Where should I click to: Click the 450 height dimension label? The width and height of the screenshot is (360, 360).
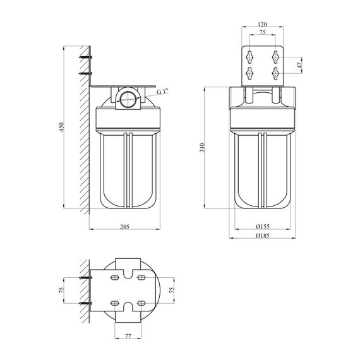(61, 127)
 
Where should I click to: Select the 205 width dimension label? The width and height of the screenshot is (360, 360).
(124, 227)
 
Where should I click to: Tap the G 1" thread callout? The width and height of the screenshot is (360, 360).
(162, 92)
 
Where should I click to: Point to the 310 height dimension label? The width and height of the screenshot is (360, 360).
(202, 147)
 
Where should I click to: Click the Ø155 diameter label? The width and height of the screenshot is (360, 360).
(263, 227)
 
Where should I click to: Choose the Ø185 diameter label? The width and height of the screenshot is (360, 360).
(263, 236)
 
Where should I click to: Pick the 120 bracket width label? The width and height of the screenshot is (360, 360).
(263, 24)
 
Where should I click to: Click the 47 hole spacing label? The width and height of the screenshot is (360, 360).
(299, 65)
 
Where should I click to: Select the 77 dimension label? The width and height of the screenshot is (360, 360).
(128, 336)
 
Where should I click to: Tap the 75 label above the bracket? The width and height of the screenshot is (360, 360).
(263, 32)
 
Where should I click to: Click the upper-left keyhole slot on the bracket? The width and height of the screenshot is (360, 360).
(249, 57)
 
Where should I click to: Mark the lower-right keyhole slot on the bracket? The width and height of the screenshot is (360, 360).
(275, 73)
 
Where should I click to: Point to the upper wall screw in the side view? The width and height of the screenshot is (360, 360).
(85, 57)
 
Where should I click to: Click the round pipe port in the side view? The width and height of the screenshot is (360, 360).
(128, 99)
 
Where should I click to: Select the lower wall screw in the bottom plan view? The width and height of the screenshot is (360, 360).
(85, 303)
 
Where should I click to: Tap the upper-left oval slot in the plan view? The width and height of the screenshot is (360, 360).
(114, 278)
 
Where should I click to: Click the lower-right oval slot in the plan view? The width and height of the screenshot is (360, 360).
(141, 303)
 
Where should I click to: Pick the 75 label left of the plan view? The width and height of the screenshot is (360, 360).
(61, 290)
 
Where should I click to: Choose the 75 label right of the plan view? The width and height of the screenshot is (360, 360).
(172, 290)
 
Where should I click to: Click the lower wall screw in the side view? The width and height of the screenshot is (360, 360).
(85, 73)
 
